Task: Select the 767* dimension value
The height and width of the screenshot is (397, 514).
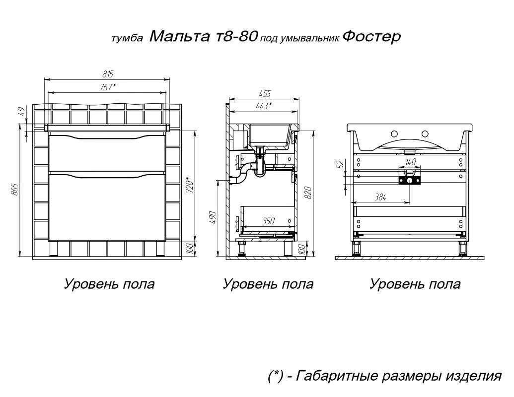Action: coord(108,87)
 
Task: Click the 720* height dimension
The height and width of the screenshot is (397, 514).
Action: coord(189,186)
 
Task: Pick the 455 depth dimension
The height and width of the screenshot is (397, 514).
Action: coord(264,93)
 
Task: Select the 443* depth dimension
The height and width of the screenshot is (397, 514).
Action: coord(263,106)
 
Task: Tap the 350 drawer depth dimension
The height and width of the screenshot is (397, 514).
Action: coord(268,222)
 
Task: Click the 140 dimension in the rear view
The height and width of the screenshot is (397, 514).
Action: coord(410,162)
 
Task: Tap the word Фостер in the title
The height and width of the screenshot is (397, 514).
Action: coord(371,37)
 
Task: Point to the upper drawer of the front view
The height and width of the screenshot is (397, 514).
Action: coord(107,153)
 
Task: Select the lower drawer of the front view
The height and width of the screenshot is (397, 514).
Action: coord(107,206)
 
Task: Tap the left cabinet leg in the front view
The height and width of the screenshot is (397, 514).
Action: coord(56,248)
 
